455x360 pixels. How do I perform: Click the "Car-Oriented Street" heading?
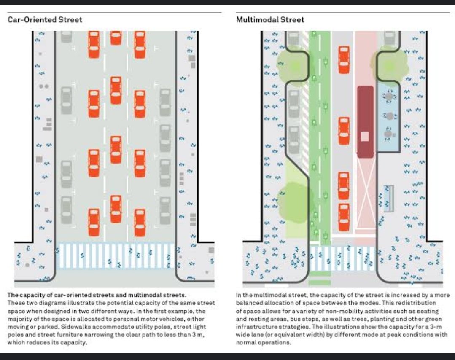point(45,20)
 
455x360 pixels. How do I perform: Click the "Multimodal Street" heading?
point(270,20)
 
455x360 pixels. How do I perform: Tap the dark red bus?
point(365,122)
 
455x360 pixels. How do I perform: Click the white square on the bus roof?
point(365,136)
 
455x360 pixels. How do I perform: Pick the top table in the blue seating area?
point(389,97)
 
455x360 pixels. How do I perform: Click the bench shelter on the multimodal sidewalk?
point(389,198)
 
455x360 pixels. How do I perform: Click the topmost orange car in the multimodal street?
point(344,60)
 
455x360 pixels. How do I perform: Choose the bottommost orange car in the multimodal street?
point(344,218)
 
